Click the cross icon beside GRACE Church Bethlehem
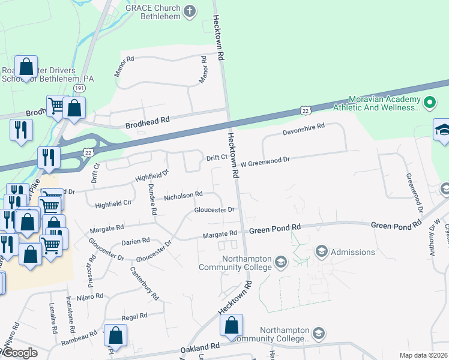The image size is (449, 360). click(x=190, y=11)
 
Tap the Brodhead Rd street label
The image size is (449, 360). click(x=147, y=124)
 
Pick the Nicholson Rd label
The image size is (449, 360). click(x=184, y=195)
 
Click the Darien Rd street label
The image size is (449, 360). click(x=135, y=241)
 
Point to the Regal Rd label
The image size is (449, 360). click(x=134, y=316)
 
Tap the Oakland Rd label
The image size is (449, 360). click(x=200, y=347)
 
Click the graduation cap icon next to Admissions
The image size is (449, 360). click(x=321, y=251)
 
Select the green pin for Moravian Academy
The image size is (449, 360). click(x=429, y=103)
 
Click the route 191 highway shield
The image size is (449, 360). click(x=79, y=88)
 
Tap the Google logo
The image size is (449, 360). click(x=19, y=353)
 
